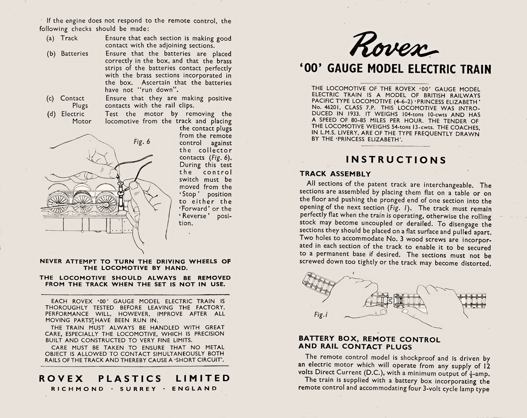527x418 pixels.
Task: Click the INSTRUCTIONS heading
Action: (x=396, y=160)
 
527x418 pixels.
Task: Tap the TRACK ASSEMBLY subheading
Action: (x=335, y=174)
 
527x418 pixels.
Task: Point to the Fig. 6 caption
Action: (x=142, y=142)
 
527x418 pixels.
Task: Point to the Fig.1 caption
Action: (x=321, y=315)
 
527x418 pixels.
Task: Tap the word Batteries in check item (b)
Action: (x=74, y=54)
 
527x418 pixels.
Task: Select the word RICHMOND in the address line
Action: (x=78, y=389)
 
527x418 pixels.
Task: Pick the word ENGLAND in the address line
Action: (x=195, y=389)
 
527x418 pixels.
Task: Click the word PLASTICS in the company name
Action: (x=130, y=379)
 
